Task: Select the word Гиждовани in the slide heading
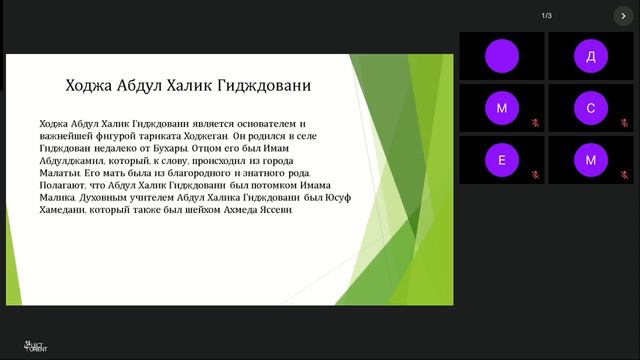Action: pyautogui.click(x=264, y=86)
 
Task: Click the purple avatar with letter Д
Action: pyautogui.click(x=590, y=56)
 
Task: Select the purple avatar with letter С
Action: pyautogui.click(x=590, y=107)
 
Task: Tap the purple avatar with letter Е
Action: pyautogui.click(x=501, y=159)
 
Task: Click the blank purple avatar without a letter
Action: pyautogui.click(x=501, y=56)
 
